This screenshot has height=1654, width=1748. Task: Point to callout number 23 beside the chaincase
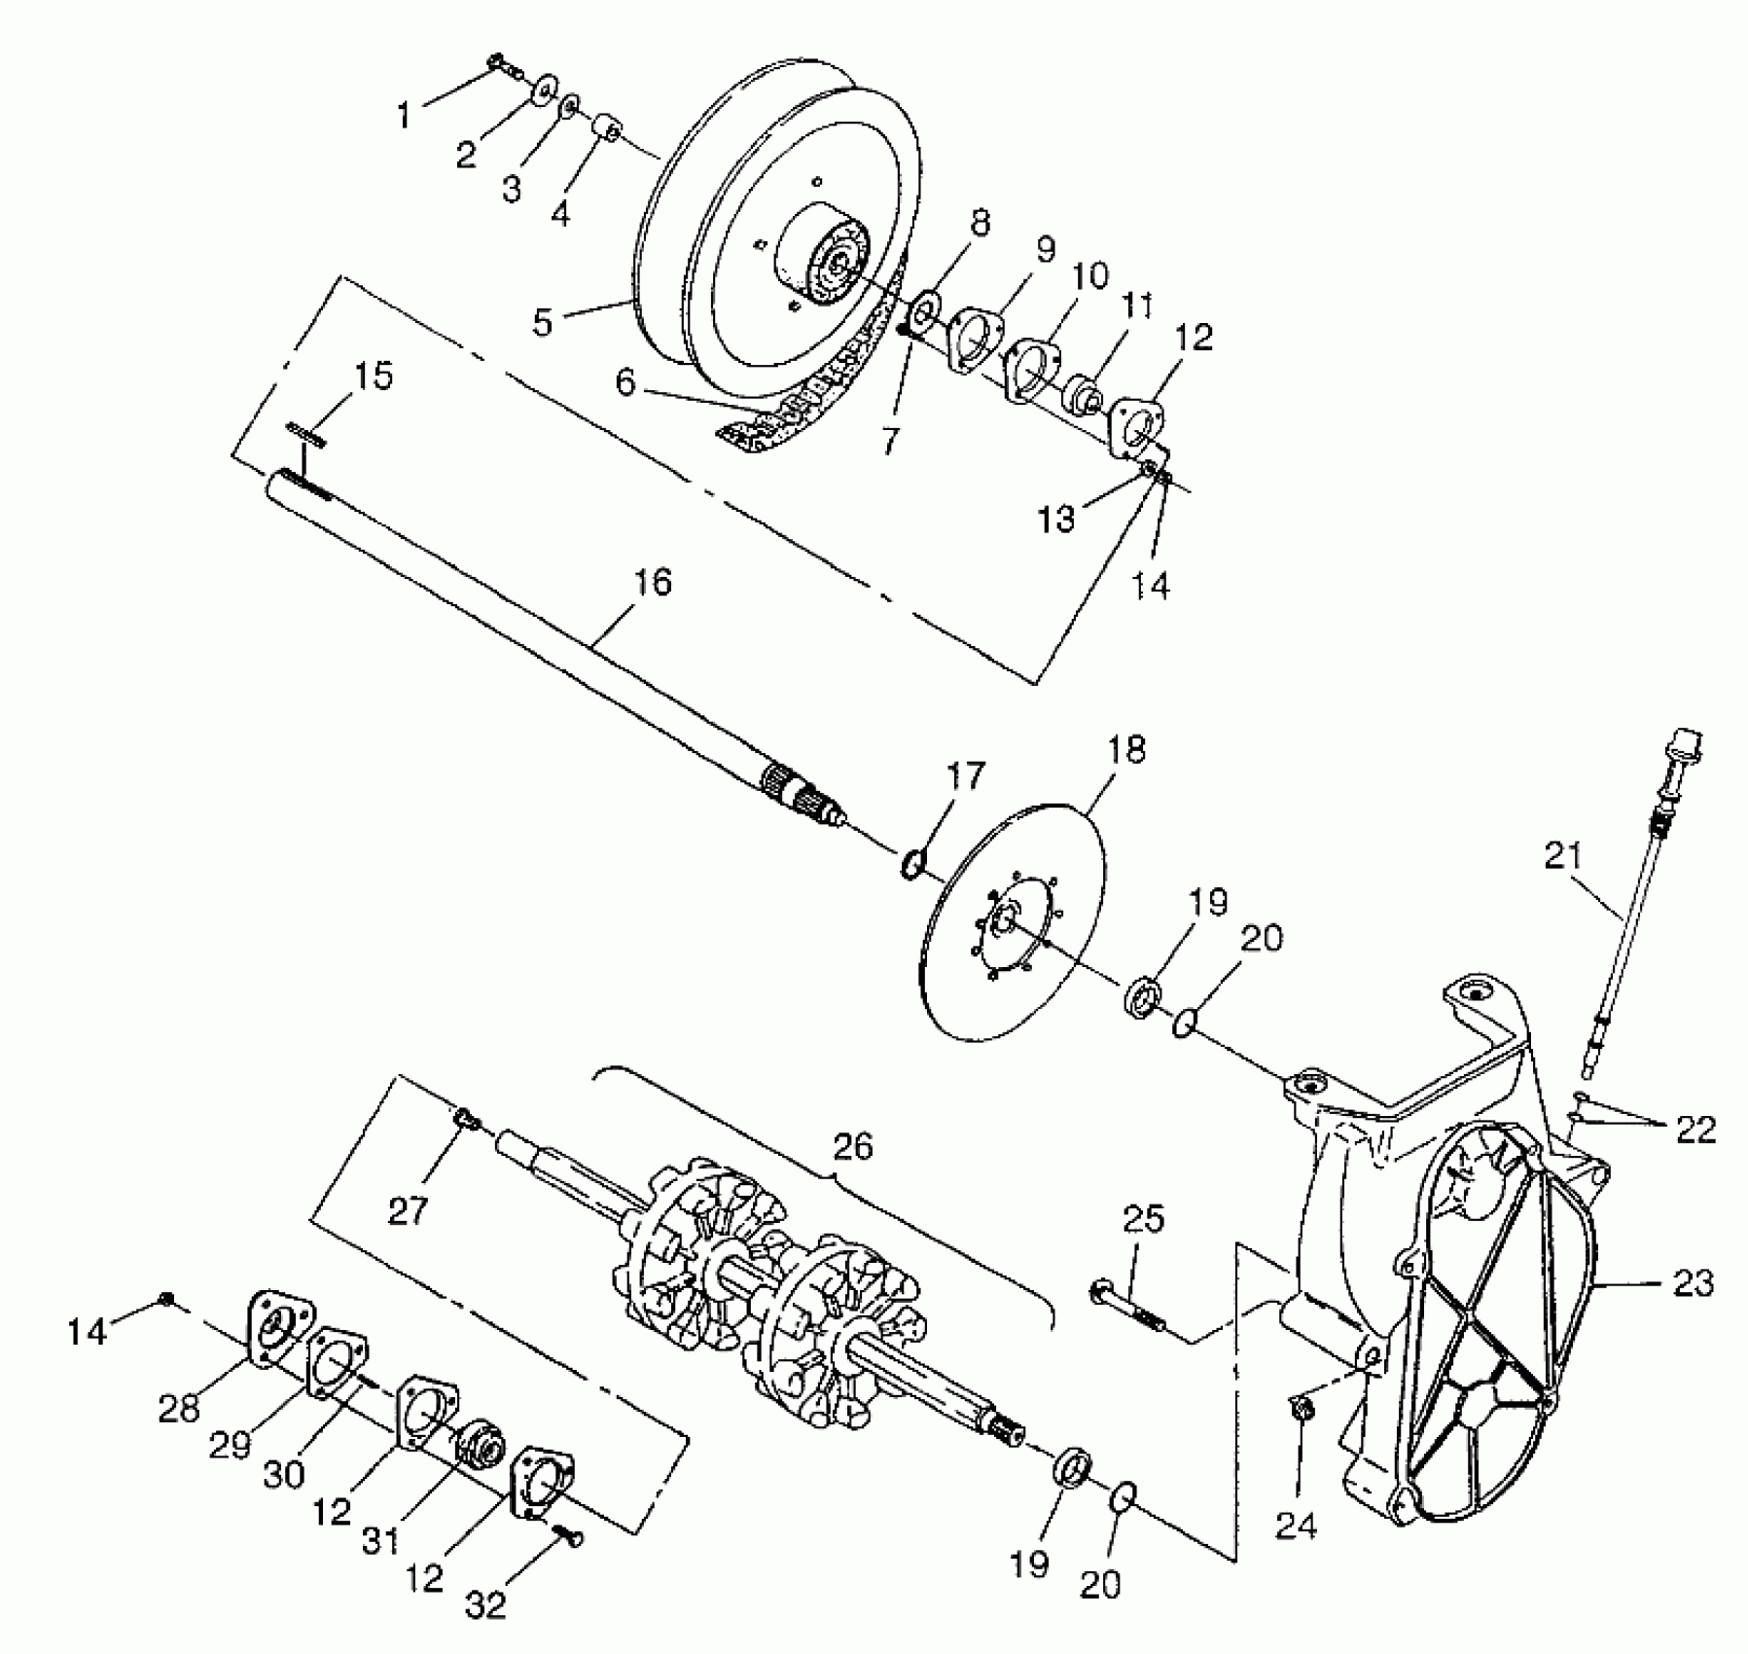[x=1694, y=1284]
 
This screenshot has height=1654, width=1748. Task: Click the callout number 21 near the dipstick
[x=1563, y=856]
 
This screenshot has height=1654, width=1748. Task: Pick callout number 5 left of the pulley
[x=543, y=322]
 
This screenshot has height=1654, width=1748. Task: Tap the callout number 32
[x=486, y=1604]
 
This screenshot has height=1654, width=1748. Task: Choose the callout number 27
[x=409, y=1211]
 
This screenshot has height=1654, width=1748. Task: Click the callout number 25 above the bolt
[x=1144, y=1218]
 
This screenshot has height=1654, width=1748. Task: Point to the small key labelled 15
[x=306, y=435]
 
